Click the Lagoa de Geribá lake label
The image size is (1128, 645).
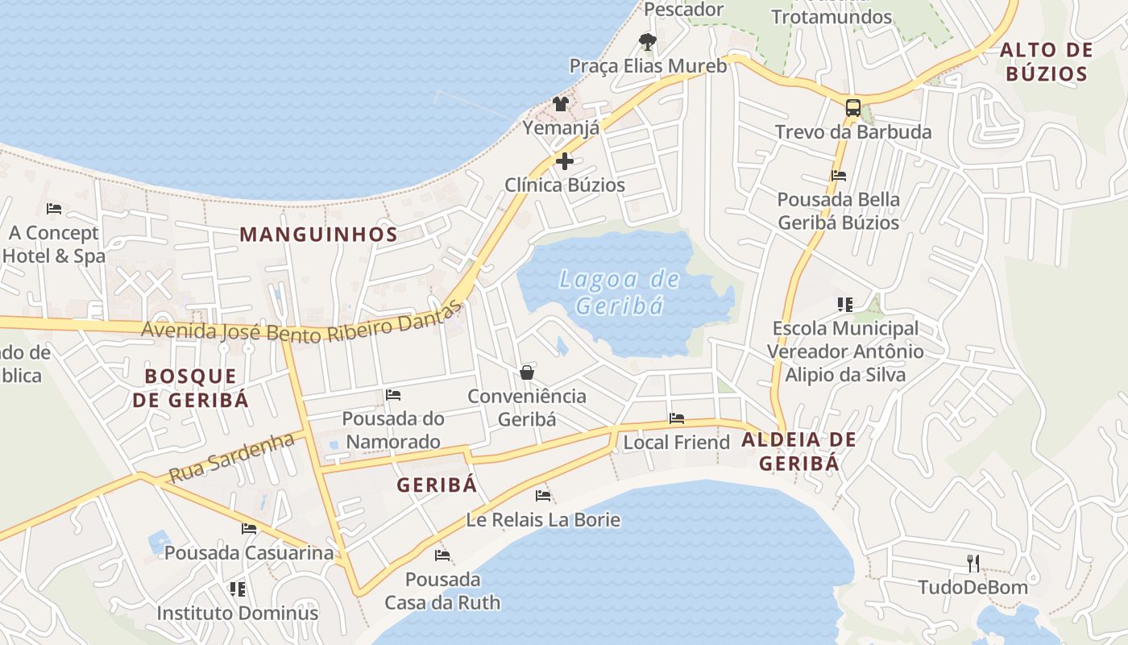[620, 293]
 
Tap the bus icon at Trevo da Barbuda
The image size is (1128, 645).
[852, 107]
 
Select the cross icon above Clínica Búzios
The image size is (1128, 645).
[565, 160]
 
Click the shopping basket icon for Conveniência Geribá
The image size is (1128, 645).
[527, 372]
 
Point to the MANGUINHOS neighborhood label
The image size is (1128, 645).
[318, 235]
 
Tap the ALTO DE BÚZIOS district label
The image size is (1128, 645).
[1046, 62]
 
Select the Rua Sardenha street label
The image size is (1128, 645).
[231, 457]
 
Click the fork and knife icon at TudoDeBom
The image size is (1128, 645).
[973, 563]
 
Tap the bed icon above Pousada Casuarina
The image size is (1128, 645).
[249, 529]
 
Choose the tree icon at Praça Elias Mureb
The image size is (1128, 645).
[647, 41]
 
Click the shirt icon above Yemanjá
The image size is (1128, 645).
[561, 104]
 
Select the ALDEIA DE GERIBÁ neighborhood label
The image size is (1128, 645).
[798, 451]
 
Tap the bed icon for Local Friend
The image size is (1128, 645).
[677, 418]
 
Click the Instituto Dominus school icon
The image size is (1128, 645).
[237, 589]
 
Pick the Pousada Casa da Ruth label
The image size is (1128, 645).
[442, 591]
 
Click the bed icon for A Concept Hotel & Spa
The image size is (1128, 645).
[54, 209]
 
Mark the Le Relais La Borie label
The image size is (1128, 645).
[543, 520]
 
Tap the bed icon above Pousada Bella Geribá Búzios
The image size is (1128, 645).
[838, 175]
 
